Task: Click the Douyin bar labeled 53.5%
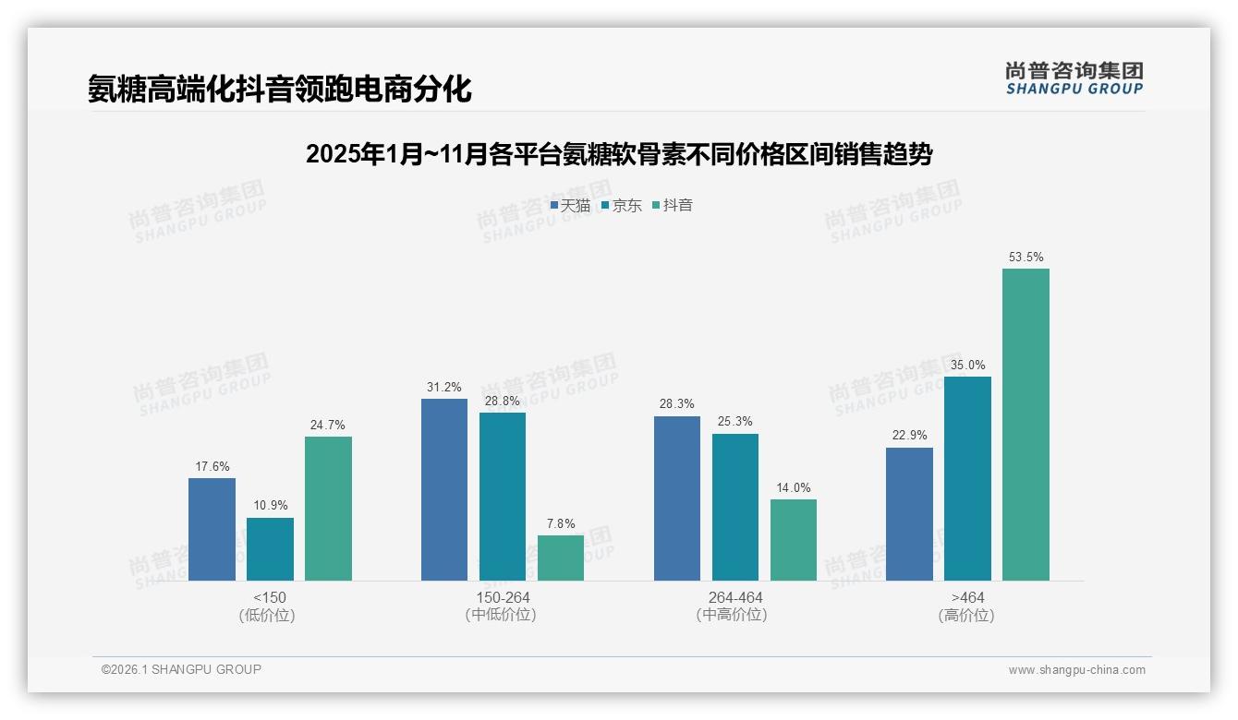1026,425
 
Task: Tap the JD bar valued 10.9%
270,549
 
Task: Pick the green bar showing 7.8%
561,558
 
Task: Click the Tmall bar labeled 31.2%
444,489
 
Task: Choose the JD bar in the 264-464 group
735,507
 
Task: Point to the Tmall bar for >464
909,514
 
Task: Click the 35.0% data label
967,365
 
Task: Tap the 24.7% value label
328,426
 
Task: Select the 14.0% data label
794,488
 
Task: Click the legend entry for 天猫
570,205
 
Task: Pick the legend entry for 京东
621,205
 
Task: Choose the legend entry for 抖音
673,205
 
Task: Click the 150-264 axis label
503,597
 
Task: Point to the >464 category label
967,597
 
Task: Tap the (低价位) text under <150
270,615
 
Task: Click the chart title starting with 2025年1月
618,154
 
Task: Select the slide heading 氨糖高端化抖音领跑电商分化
279,89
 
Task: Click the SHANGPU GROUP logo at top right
1074,78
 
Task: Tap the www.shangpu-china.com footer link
1076,670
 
